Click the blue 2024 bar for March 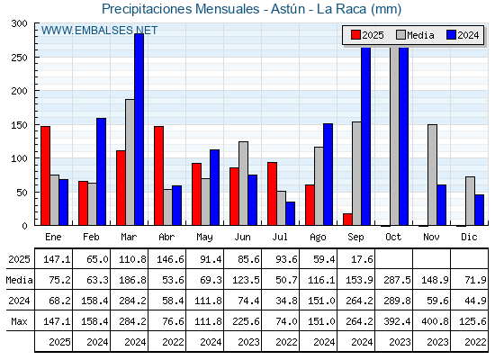click(139, 130)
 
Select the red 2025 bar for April click(158, 175)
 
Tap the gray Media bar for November click(432, 175)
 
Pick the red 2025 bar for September click(347, 220)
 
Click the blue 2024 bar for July click(290, 213)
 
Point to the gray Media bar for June click(243, 184)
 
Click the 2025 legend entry click(367, 35)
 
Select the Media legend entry click(415, 35)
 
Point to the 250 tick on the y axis click(19, 58)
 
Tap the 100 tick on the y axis click(19, 158)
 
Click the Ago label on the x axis click(318, 238)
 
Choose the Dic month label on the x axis click(469, 237)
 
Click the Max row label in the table click(19, 321)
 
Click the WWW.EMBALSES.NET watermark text click(99, 31)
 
